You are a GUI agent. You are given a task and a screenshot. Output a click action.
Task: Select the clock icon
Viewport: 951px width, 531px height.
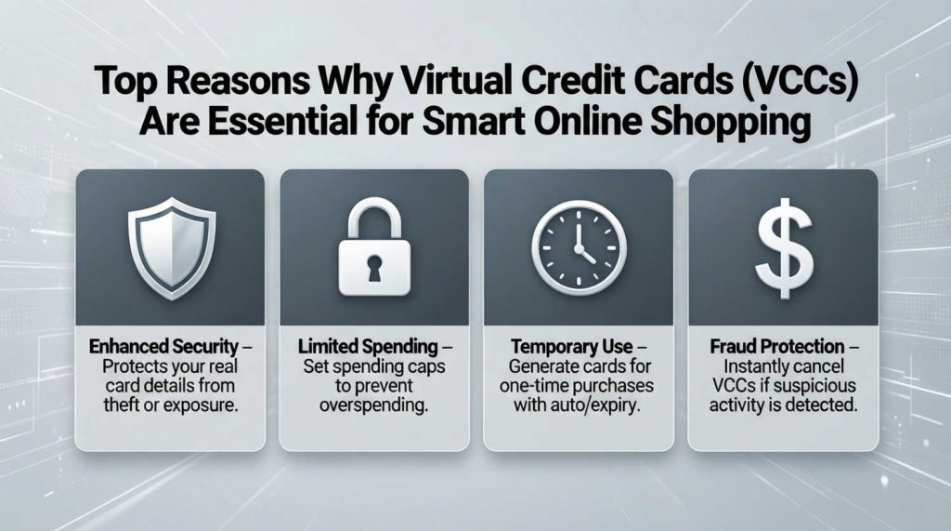pyautogui.click(x=578, y=246)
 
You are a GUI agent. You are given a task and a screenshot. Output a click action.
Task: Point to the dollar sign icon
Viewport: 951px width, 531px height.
pyautogui.click(x=782, y=246)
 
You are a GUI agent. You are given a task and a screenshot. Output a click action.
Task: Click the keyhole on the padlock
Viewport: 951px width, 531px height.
pyautogui.click(x=373, y=270)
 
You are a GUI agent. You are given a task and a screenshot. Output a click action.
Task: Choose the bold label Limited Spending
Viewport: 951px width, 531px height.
pyautogui.click(x=367, y=347)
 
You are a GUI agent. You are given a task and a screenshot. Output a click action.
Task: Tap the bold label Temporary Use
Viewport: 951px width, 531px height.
pyautogui.click(x=571, y=347)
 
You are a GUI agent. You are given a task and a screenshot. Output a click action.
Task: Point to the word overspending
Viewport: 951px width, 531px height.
pyautogui.click(x=373, y=405)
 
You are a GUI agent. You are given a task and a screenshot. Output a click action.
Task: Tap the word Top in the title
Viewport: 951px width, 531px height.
pyautogui.click(x=125, y=85)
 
